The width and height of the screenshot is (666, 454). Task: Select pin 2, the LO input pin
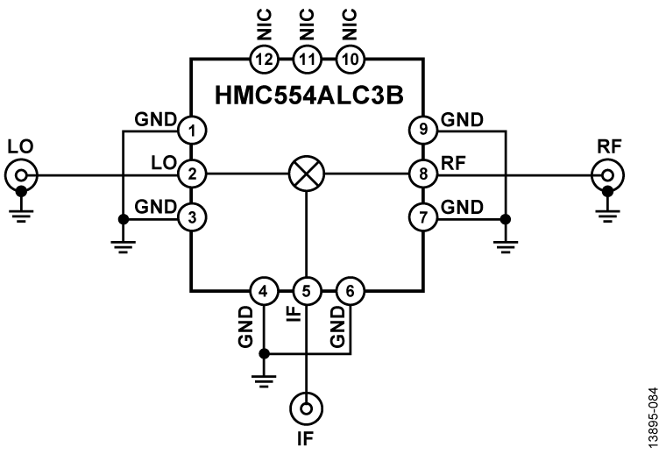191,174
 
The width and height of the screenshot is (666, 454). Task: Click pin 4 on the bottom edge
263,290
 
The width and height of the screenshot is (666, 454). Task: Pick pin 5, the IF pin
306,290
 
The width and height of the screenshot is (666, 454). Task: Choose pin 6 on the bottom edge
350,290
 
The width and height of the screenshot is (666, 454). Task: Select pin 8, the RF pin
423,174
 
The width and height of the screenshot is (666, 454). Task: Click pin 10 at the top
350,59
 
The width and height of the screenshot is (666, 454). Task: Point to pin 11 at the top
306,59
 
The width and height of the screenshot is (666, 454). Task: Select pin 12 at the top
263,59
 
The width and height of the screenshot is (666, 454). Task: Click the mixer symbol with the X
306,174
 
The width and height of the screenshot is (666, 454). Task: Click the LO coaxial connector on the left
19,175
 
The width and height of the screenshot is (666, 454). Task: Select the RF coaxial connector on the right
605,175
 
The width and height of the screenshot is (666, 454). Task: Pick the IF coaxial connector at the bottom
306,407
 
